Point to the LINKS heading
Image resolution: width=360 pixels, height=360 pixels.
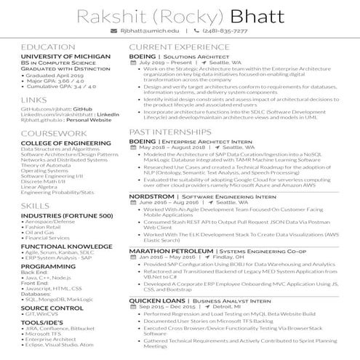(x=34, y=99)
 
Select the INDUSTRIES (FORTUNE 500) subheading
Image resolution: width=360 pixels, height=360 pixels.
(x=66, y=216)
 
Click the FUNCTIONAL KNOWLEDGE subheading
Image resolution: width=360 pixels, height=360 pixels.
(x=66, y=247)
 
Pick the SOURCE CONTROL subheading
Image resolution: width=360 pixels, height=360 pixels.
(x=52, y=308)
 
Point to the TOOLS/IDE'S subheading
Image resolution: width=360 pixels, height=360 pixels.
(x=44, y=322)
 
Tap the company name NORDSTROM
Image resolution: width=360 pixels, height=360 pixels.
(x=151, y=196)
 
